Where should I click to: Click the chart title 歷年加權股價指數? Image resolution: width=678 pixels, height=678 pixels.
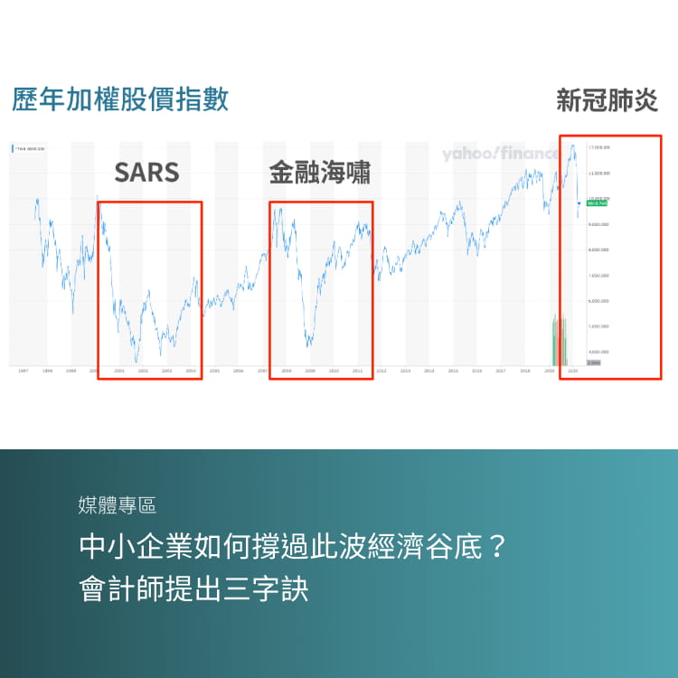click(x=120, y=99)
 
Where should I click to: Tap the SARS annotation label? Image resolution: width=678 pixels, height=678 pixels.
click(x=146, y=173)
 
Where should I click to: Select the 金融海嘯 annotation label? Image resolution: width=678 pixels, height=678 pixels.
click(x=320, y=173)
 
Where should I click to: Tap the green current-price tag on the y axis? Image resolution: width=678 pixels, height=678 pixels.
click(x=597, y=203)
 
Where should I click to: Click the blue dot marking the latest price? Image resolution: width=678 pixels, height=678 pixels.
click(x=579, y=203)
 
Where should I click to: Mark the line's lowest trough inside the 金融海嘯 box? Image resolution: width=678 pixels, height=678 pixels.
click(x=309, y=345)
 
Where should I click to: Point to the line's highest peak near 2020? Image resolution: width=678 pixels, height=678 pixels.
click(x=571, y=145)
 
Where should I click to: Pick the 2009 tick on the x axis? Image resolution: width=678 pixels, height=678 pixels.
click(x=310, y=371)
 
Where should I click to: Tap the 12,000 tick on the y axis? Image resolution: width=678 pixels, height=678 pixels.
click(x=599, y=172)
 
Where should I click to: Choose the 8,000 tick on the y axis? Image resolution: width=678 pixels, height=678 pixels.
click(x=599, y=250)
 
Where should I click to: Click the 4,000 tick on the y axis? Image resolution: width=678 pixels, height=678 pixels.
click(x=599, y=352)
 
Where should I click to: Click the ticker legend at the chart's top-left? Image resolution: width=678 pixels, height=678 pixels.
click(x=29, y=147)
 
